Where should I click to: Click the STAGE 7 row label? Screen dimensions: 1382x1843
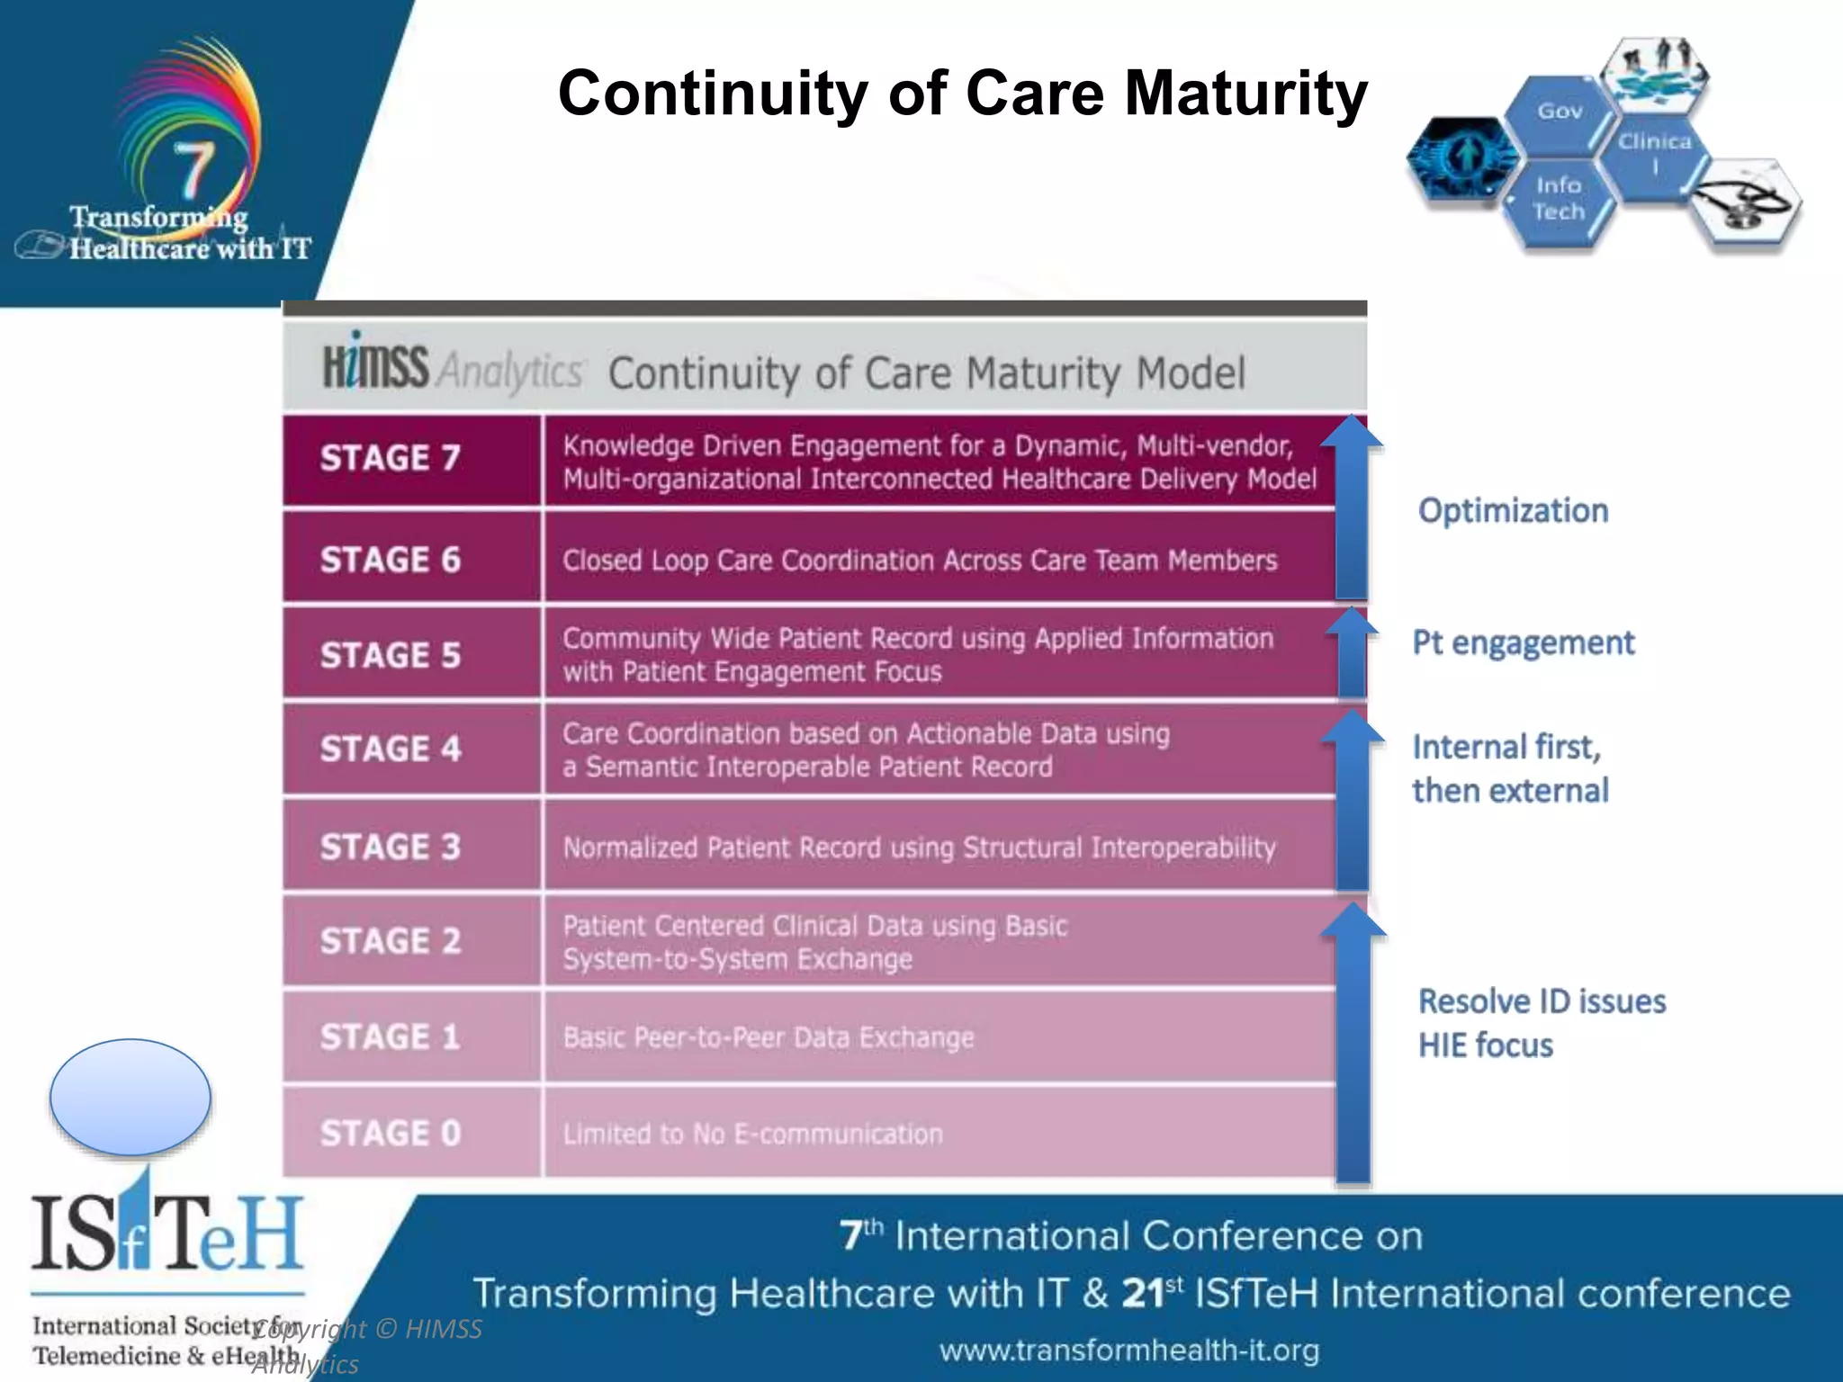click(x=390, y=458)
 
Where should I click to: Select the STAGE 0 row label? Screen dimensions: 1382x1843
click(x=390, y=1133)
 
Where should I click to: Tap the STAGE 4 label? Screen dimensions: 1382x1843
click(x=390, y=749)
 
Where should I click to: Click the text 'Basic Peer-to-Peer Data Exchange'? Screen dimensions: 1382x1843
click(x=768, y=1037)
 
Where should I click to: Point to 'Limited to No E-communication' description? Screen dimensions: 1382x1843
click(x=752, y=1134)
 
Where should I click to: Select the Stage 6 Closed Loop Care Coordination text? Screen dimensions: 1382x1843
click(x=919, y=561)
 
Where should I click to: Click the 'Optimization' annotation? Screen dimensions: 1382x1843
click(x=1513, y=510)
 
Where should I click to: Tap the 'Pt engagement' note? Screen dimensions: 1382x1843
click(x=1523, y=642)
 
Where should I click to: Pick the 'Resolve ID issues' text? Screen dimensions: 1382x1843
click(x=1542, y=1001)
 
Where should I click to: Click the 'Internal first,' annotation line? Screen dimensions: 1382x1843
click(x=1506, y=747)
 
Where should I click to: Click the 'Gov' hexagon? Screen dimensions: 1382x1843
click(x=1559, y=112)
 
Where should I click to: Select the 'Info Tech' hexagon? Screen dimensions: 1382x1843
click(x=1559, y=199)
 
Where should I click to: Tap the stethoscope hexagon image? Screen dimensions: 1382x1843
click(x=1744, y=205)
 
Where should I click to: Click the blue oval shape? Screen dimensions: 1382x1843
click(x=130, y=1097)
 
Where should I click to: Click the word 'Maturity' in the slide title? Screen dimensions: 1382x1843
click(x=1245, y=94)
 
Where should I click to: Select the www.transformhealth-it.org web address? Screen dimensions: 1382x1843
click(x=1128, y=1350)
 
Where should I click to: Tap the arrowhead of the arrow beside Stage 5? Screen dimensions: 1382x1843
click(x=1351, y=622)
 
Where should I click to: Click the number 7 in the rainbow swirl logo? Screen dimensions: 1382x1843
click(x=193, y=167)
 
